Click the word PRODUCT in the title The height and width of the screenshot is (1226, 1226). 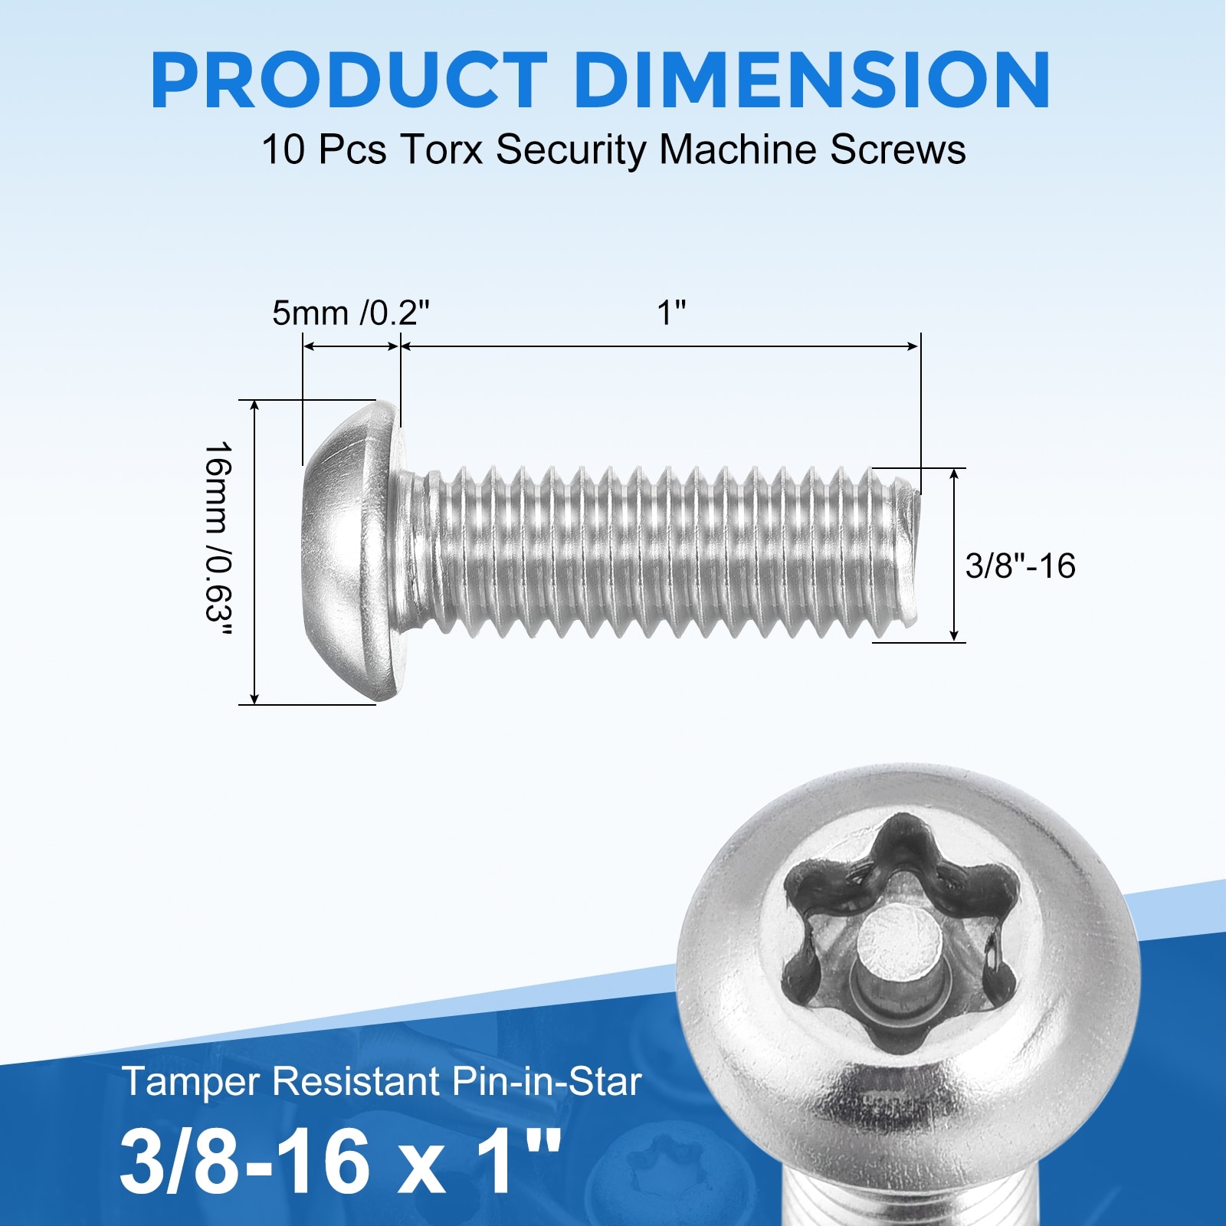pos(349,80)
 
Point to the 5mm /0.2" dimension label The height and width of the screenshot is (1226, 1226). pos(351,313)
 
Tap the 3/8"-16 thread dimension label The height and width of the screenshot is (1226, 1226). pos(1021,566)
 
